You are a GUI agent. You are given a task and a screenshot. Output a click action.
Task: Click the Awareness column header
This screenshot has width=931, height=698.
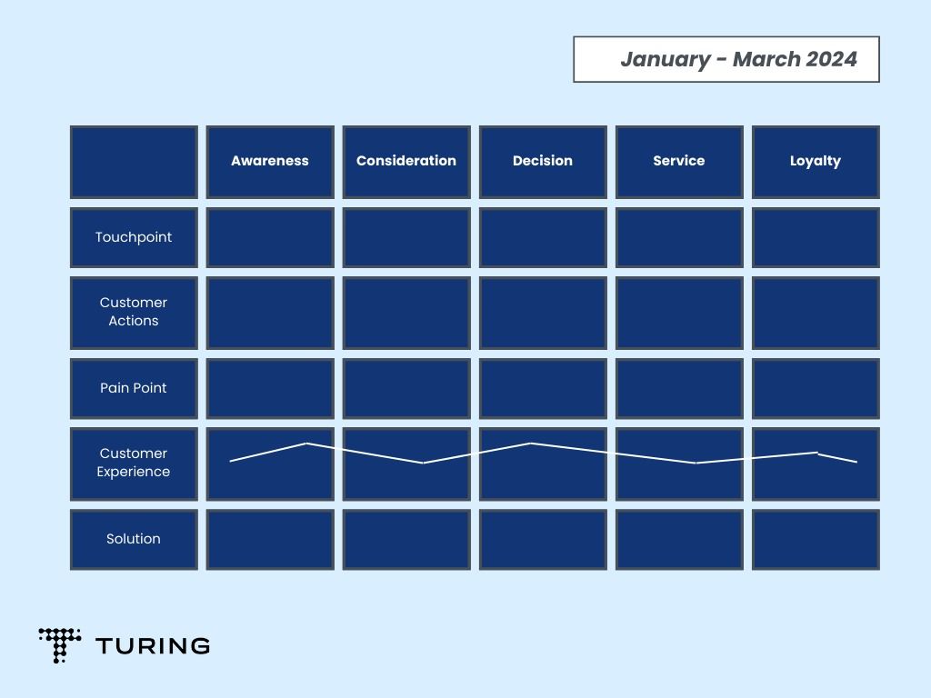270,162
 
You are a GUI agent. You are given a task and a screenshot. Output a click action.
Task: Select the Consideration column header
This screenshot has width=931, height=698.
406,162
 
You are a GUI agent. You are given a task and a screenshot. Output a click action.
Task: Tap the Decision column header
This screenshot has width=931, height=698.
543,162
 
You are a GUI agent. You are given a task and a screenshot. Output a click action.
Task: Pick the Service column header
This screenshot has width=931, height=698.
679,162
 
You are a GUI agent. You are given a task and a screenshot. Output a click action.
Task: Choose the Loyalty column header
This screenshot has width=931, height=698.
816,162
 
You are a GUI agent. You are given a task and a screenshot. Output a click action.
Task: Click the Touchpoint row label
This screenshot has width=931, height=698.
134,237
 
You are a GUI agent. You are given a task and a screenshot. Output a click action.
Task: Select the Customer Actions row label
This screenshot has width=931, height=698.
134,313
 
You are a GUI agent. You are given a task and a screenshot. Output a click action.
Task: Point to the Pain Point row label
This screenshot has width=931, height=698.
134,388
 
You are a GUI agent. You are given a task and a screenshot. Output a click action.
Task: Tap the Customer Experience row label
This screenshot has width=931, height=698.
134,464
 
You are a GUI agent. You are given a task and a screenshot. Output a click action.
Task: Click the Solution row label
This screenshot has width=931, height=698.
134,540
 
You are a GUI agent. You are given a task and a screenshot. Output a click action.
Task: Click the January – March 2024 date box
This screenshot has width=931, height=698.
726,59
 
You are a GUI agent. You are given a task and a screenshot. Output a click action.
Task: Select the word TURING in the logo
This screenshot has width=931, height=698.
153,646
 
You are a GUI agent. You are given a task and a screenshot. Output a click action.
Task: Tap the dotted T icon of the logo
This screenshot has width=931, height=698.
59,645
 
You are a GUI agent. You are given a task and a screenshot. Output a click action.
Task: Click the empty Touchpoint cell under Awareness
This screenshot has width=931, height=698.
270,237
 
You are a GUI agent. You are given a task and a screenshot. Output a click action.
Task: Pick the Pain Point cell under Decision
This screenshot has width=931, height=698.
543,388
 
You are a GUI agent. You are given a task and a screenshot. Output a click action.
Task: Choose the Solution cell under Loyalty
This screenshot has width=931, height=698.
816,540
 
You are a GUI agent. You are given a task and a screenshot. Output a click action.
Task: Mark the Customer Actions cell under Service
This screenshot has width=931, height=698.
679,313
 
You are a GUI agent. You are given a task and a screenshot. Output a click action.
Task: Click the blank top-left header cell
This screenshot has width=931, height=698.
134,162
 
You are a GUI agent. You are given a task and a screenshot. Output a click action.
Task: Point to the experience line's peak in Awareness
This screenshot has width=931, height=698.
306,443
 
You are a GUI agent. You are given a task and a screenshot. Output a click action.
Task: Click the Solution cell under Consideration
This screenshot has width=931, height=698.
406,540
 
